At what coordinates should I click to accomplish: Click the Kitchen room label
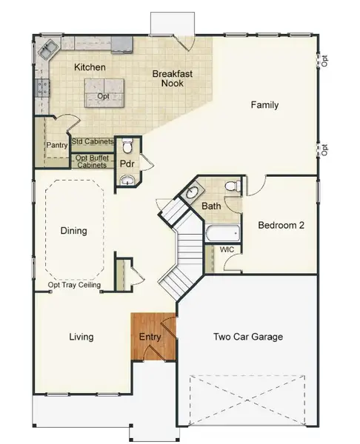[90, 67]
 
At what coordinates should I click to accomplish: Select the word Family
[264, 105]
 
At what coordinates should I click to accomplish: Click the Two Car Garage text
[248, 337]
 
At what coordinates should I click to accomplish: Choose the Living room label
[81, 337]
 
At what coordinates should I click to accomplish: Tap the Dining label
[73, 231]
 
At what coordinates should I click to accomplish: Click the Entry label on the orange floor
[150, 337]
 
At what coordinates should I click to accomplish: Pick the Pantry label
[57, 146]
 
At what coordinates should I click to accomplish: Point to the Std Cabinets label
[93, 141]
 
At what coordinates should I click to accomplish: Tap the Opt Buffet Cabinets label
[93, 161]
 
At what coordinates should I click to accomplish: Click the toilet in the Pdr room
[127, 144]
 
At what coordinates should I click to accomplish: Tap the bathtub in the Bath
[222, 235]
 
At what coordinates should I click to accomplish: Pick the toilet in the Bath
[231, 186]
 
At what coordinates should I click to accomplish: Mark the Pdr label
[127, 164]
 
